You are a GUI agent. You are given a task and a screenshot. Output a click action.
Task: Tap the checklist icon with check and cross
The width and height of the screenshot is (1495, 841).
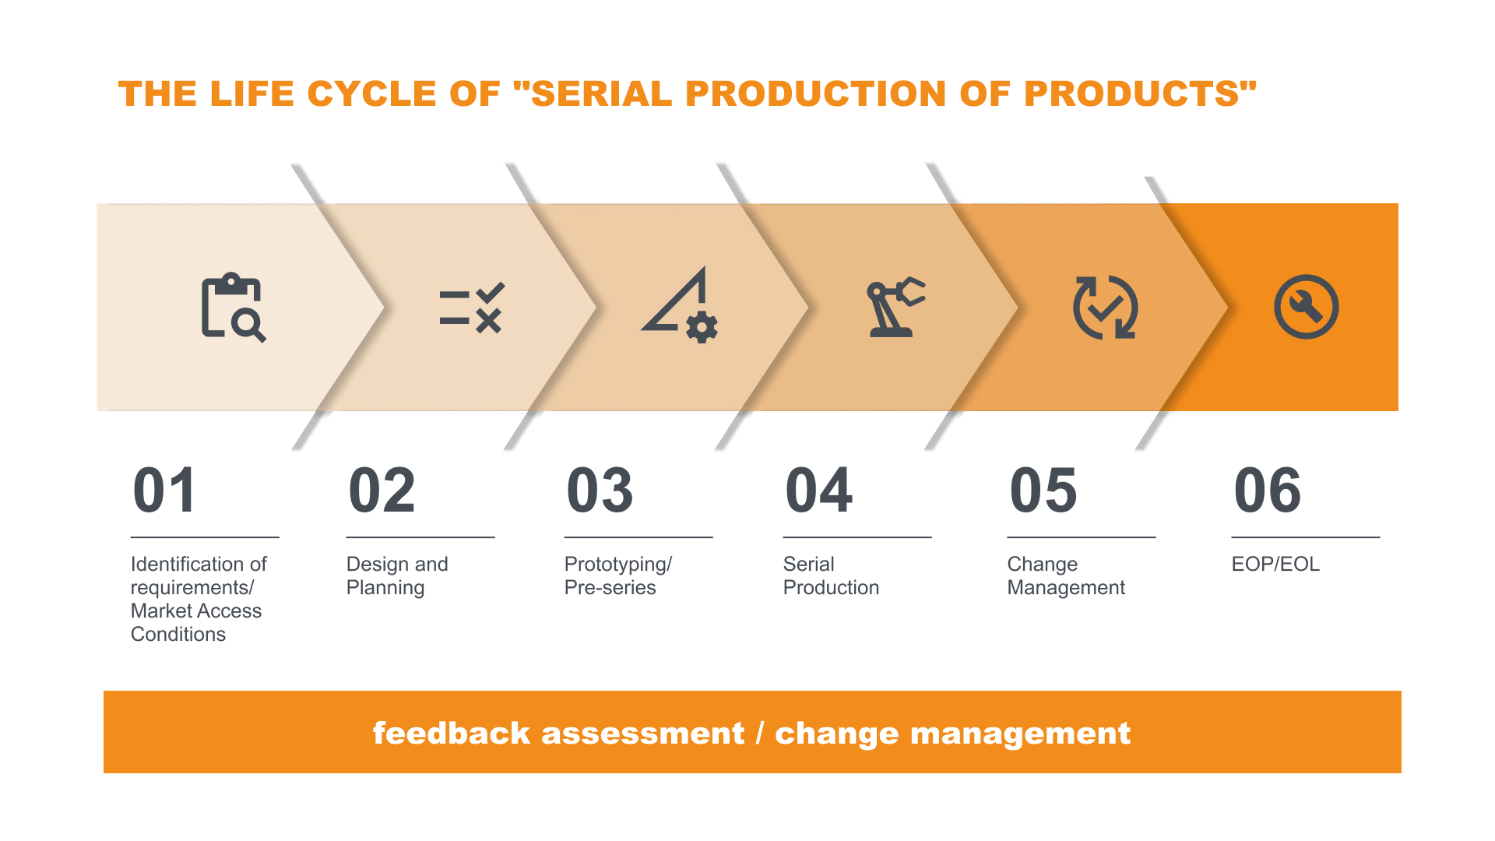click(472, 308)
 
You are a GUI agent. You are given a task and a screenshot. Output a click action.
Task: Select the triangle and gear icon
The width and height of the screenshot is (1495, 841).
click(680, 304)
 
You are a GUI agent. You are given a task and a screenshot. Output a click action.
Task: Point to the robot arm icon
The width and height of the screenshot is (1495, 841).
click(895, 307)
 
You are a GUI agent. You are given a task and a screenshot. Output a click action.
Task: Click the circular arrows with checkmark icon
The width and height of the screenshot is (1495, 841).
click(1105, 307)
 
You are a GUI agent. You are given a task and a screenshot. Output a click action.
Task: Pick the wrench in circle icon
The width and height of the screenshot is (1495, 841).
click(1306, 307)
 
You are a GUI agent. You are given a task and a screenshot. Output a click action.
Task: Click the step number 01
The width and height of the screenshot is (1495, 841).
click(164, 491)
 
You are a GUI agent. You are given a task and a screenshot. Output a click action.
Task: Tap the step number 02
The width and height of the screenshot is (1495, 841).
click(382, 491)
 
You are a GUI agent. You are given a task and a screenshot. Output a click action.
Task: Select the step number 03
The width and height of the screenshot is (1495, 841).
click(600, 491)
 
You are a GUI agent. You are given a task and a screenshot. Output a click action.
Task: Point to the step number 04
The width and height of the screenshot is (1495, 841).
click(819, 491)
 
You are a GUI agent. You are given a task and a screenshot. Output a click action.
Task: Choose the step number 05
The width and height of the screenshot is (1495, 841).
click(1043, 491)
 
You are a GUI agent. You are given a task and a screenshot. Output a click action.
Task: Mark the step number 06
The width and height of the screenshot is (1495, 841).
click(1268, 491)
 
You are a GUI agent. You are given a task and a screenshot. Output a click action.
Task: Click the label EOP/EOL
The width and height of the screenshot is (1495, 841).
click(1275, 564)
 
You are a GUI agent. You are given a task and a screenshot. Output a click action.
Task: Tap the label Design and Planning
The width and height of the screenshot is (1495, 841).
click(397, 575)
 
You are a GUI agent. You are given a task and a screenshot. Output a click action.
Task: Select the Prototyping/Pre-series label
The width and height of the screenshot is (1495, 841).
click(618, 575)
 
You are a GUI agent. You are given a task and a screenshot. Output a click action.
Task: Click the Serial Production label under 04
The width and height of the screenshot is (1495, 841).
click(831, 575)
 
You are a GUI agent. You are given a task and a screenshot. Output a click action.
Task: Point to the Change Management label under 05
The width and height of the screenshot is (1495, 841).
click(1066, 575)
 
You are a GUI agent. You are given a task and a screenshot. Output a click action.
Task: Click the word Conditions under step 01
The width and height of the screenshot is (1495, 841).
click(178, 634)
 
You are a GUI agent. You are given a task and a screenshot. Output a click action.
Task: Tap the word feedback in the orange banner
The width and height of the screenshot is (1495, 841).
click(451, 733)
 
